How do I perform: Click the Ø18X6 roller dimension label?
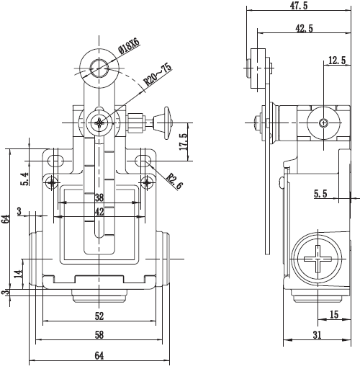click(129, 45)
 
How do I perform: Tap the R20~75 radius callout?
click(158, 75)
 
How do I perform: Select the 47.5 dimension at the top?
click(299, 6)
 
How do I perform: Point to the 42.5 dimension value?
click(305, 28)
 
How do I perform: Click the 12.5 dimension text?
click(337, 61)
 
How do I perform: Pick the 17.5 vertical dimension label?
click(183, 142)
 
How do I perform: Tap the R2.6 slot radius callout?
click(175, 182)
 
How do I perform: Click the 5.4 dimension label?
click(25, 179)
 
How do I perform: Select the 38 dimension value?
click(99, 197)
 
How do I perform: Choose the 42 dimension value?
click(99, 212)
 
